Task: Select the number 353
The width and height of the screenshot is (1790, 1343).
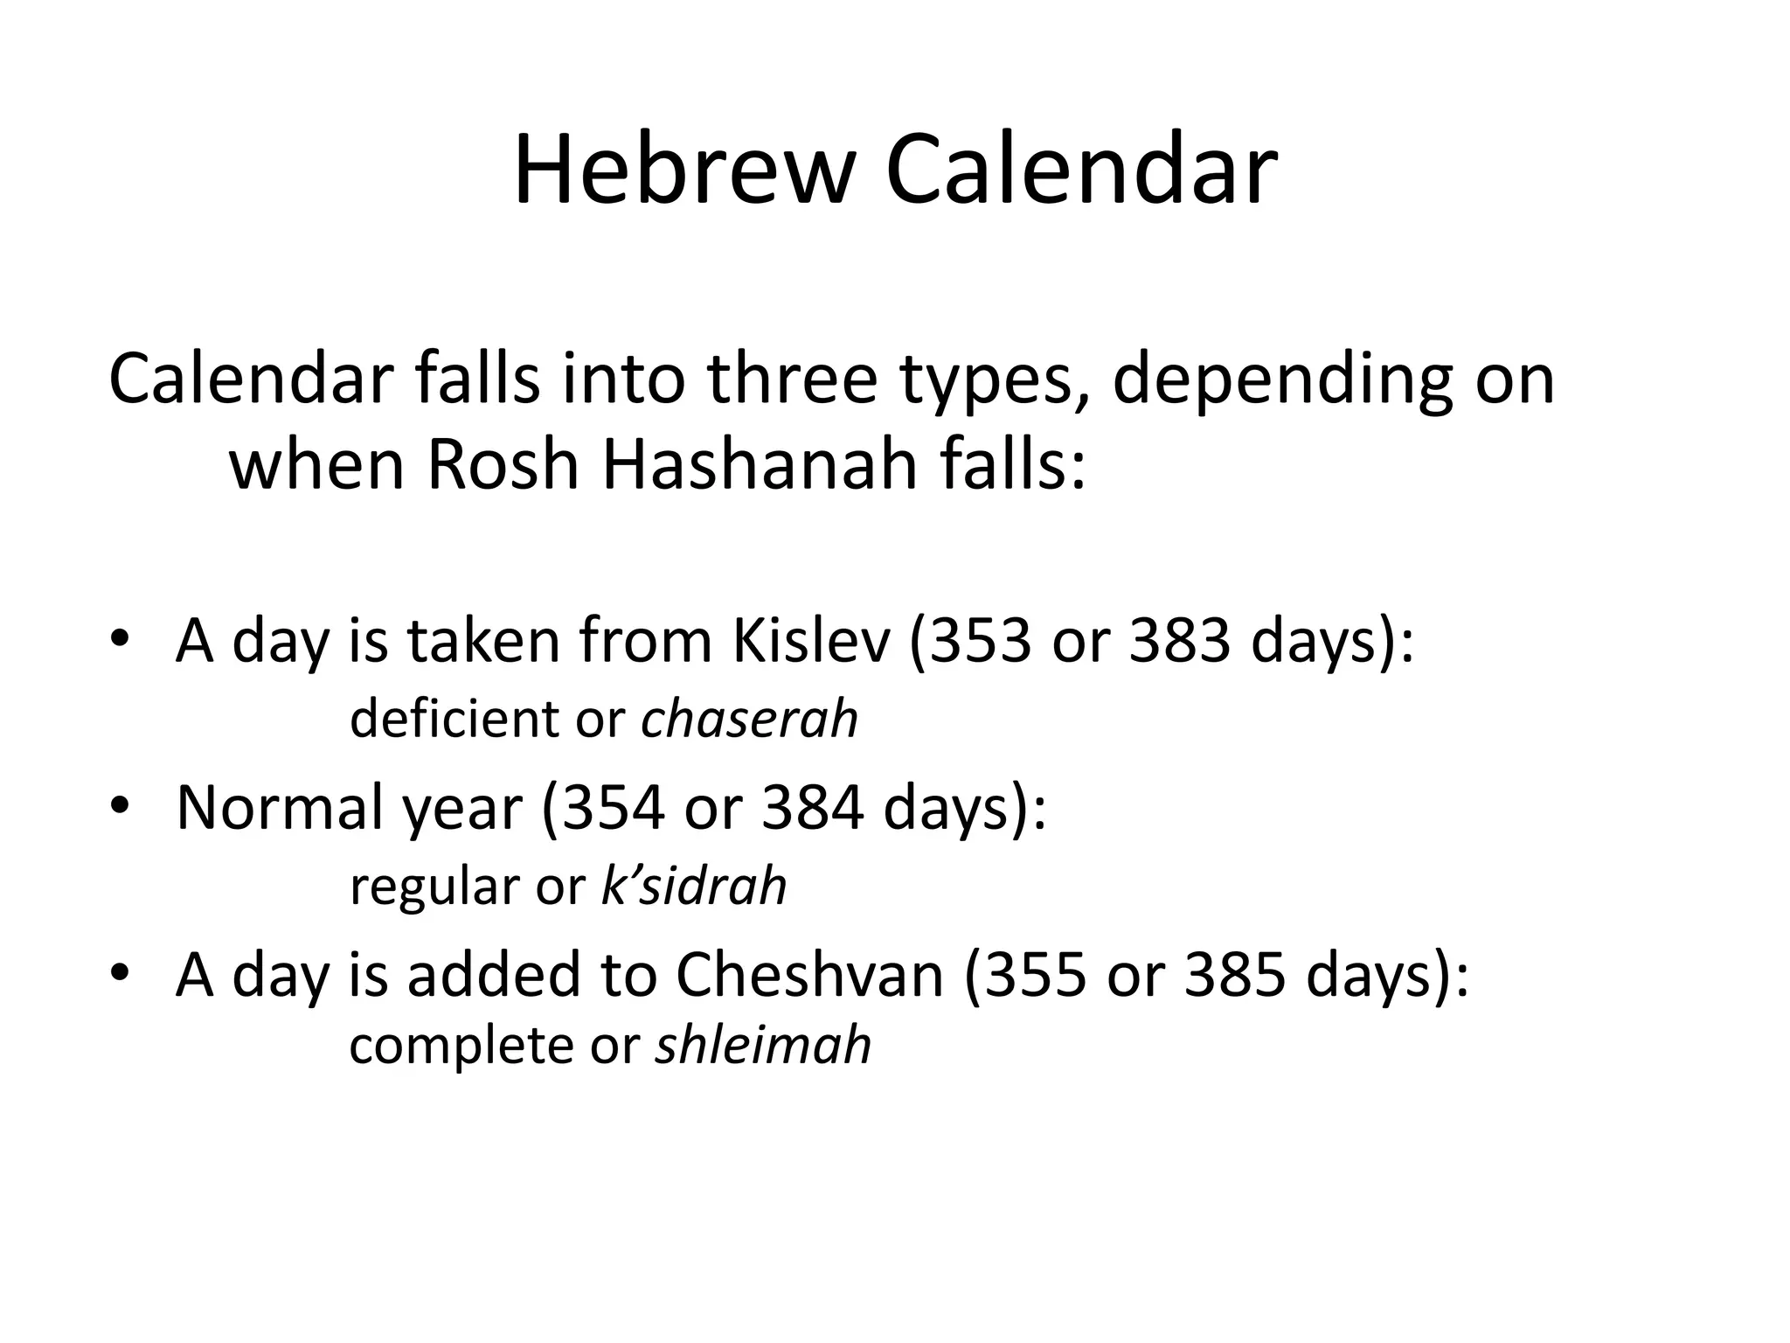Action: pos(980,641)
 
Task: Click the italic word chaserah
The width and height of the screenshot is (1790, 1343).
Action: pos(749,720)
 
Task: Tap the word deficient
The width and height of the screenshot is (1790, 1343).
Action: pos(454,720)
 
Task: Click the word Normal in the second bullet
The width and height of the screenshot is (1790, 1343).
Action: pos(279,808)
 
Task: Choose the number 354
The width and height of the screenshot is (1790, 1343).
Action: pos(612,808)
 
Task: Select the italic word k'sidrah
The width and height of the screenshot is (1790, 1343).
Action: pos(694,886)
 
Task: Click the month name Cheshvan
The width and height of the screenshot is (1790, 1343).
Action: pos(809,975)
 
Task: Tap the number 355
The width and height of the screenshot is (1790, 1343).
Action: pos(1034,975)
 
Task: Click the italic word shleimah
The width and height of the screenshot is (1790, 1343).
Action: pos(763,1046)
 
